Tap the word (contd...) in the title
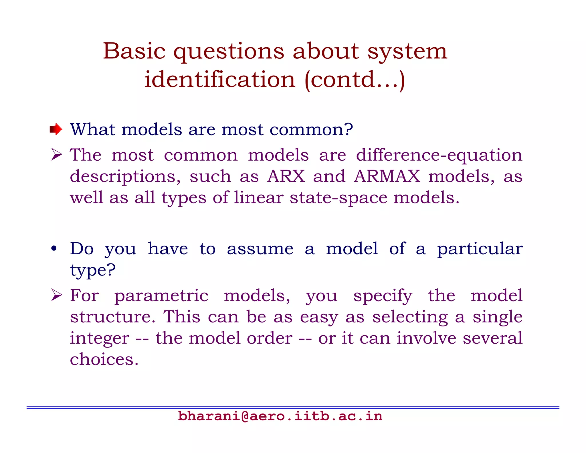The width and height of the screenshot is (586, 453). point(355,80)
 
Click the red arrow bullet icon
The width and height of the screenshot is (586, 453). point(56,129)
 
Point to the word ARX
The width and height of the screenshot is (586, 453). point(286,176)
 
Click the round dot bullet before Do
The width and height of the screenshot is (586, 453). point(54,249)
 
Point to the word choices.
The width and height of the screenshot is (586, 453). point(104,359)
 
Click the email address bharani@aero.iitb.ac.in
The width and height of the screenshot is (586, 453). point(280,416)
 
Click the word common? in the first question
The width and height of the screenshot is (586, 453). point(311,130)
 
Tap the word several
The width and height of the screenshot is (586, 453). point(492,338)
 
